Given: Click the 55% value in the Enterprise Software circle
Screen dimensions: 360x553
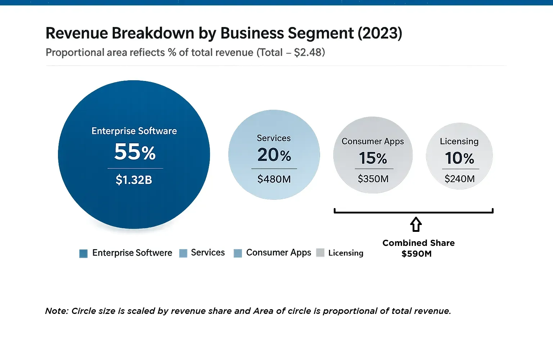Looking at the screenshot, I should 135,152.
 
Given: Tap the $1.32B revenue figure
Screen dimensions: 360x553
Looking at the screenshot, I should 134,180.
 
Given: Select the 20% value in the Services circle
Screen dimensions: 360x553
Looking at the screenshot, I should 274,155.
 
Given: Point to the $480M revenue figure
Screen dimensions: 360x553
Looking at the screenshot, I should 274,179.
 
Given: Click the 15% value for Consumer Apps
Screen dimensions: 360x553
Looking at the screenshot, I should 373,158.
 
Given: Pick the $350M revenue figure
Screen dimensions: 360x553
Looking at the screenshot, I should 373,179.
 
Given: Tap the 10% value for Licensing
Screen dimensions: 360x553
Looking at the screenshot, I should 459,158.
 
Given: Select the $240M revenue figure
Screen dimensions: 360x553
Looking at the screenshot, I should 459,179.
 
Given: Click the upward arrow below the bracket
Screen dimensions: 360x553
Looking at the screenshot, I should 416,224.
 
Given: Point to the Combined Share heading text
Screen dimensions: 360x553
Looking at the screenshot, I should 418,243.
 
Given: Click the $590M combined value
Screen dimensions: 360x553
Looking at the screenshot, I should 417,254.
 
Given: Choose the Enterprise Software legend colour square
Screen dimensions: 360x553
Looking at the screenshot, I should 84,253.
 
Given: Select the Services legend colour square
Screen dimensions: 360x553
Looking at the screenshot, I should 183,253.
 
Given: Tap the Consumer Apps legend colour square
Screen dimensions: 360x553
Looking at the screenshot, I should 238,253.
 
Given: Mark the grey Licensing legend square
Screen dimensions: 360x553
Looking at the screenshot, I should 320,253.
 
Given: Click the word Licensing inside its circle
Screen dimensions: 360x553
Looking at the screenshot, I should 459,141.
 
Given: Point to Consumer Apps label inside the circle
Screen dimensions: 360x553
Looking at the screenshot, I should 373,141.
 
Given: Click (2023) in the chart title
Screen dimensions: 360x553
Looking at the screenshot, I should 379,33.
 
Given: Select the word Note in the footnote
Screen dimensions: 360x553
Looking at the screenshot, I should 56,311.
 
